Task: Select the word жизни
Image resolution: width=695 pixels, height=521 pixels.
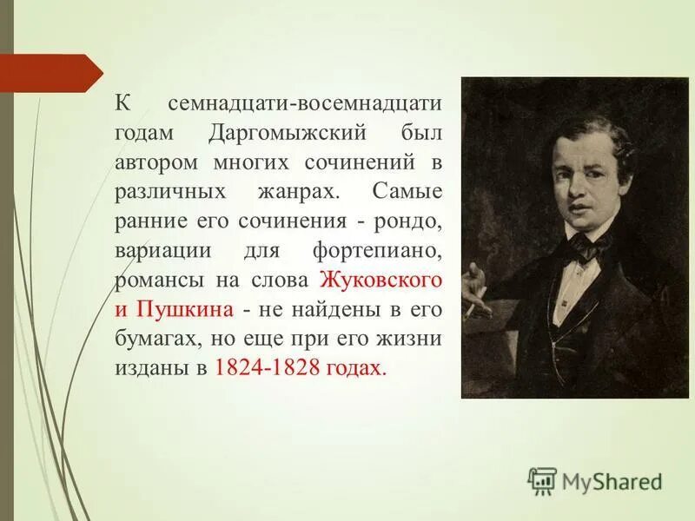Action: [409, 339]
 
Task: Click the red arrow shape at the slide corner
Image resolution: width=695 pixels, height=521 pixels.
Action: [52, 71]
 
